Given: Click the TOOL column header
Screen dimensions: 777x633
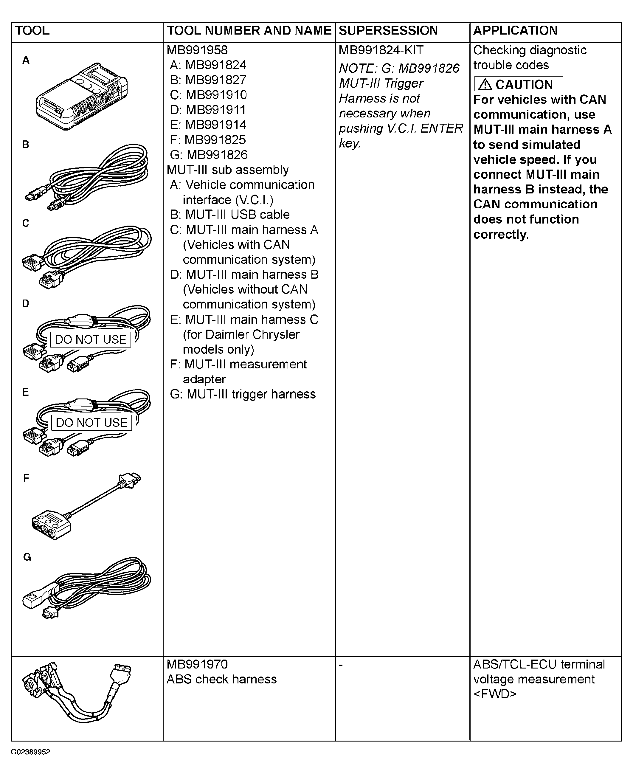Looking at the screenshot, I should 32,31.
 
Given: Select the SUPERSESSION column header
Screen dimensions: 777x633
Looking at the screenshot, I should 388,31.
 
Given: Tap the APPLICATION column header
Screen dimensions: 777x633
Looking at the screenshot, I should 515,31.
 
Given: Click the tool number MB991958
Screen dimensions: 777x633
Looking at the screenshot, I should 197,50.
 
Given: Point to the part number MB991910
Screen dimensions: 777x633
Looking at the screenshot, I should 216,95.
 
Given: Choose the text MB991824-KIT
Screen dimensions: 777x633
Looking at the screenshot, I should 381,50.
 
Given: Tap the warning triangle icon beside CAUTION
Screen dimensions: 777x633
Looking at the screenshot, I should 485,85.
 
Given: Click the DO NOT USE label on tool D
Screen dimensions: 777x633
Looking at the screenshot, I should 90,339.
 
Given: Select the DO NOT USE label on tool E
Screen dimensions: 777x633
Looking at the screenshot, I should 91,423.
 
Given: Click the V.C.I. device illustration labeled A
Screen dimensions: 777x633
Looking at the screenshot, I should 82,97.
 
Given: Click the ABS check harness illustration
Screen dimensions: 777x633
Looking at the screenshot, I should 77,692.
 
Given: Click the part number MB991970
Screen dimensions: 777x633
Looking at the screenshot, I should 197,664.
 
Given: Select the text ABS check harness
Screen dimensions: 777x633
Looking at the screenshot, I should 221,679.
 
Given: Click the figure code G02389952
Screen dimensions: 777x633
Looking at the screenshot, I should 30,752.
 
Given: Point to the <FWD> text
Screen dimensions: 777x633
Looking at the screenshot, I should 495,694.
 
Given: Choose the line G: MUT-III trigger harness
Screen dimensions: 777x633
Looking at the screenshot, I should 243,394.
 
